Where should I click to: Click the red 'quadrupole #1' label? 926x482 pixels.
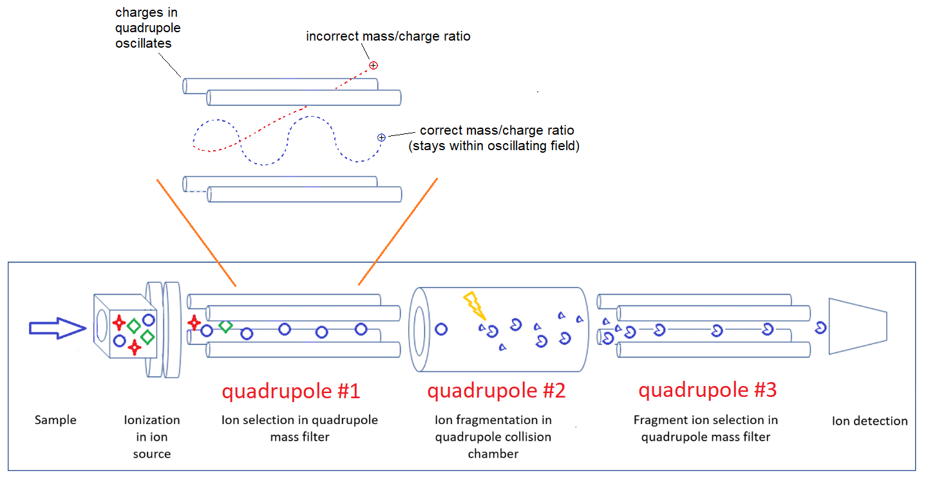pyautogui.click(x=290, y=391)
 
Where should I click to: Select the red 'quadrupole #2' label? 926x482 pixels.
pyautogui.click(x=496, y=391)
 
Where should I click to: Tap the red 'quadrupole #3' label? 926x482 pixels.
pyautogui.click(x=707, y=390)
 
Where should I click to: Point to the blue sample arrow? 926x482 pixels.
pyautogui.click(x=57, y=329)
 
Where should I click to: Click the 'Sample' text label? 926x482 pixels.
pyautogui.click(x=55, y=420)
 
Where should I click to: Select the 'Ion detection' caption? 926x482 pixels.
pyautogui.click(x=869, y=421)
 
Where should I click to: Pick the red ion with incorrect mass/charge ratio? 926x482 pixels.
pyautogui.click(x=373, y=65)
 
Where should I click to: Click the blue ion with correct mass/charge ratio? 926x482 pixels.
pyautogui.click(x=381, y=137)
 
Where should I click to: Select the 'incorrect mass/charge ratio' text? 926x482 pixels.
pyautogui.click(x=388, y=36)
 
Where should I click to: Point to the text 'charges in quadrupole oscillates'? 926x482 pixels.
pyautogui.click(x=147, y=28)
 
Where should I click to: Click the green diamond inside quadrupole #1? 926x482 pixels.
pyautogui.click(x=225, y=326)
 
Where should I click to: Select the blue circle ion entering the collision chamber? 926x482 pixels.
pyautogui.click(x=441, y=329)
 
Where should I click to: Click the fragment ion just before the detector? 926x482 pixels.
pyautogui.click(x=820, y=327)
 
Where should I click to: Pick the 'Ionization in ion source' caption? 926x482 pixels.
pyautogui.click(x=152, y=436)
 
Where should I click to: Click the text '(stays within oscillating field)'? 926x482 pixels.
pyautogui.click(x=494, y=146)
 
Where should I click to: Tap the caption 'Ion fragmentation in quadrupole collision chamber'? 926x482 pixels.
pyautogui.click(x=493, y=437)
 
